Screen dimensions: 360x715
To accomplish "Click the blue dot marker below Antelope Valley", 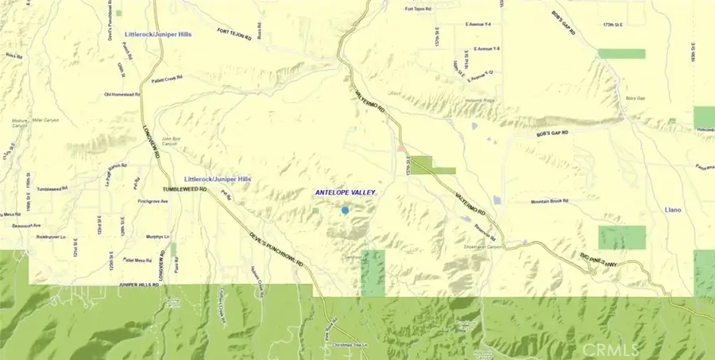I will coord(345,210).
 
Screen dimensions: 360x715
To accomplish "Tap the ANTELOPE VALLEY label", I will coord(343,192).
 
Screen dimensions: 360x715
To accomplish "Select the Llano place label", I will coord(673,210).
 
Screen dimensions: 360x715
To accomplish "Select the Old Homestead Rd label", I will coord(122,95).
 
